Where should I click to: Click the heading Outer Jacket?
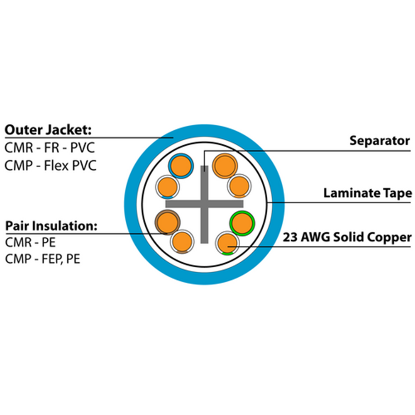48,130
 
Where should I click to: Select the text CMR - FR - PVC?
49,148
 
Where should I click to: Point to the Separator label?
379,141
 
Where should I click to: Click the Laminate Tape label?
367,193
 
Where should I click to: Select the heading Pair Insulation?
51,226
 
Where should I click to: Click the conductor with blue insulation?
181,166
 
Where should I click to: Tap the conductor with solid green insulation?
242,223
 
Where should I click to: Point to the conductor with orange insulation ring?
224,166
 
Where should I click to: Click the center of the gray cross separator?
204,204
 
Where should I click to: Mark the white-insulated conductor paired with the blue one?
168,187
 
